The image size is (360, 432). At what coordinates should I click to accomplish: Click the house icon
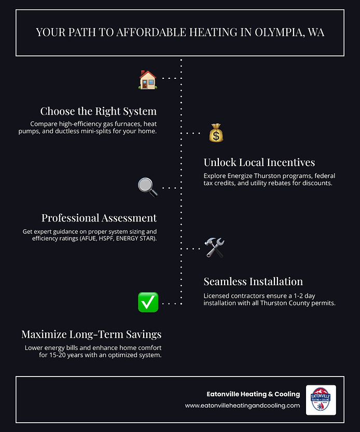(148, 80)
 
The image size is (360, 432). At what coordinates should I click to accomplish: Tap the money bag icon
(216, 133)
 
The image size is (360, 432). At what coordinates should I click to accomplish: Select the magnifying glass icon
(148, 187)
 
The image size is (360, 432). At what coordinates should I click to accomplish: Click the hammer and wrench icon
(214, 248)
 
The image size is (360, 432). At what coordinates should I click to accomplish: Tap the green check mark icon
(148, 302)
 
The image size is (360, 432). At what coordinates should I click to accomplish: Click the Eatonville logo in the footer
(321, 400)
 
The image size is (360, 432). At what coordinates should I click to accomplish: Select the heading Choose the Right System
(99, 111)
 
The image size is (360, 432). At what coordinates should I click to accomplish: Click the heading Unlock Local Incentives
(259, 162)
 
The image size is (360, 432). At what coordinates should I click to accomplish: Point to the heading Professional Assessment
(99, 218)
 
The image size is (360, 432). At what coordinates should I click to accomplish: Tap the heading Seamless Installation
(253, 282)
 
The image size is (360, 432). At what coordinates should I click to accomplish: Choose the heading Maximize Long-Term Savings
(91, 335)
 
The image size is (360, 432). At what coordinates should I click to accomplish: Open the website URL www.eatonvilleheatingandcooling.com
(242, 406)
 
